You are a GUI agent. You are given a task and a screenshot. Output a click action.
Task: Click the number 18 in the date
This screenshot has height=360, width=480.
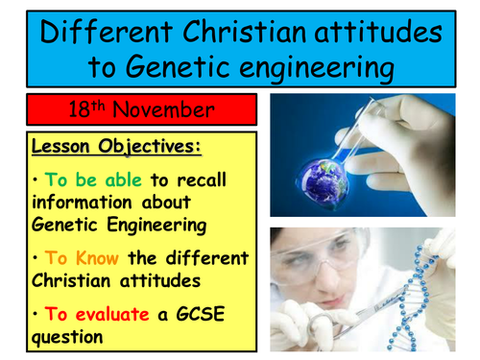[x=79, y=109]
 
